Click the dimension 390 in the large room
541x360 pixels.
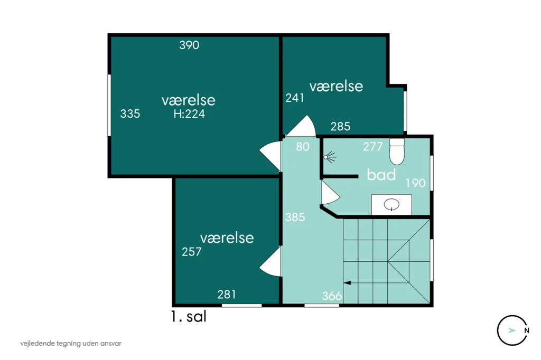189,45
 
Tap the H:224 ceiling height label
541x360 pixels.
189,114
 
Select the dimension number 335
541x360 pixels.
130,113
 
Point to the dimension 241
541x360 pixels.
295,98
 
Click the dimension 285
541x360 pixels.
340,127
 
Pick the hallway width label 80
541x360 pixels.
303,147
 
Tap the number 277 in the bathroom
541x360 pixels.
372,147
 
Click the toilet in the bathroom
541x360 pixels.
397,151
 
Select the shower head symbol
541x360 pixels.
330,157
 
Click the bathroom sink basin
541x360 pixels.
391,204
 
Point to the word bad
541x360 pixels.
381,175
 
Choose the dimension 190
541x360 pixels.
415,183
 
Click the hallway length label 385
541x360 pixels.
295,217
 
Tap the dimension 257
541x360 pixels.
191,252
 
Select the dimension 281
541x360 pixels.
227,295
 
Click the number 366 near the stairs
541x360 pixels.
332,296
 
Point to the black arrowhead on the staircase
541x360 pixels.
347,283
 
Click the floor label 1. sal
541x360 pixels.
189,316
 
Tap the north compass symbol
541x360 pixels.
512,330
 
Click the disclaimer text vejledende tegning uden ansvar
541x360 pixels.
71,344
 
